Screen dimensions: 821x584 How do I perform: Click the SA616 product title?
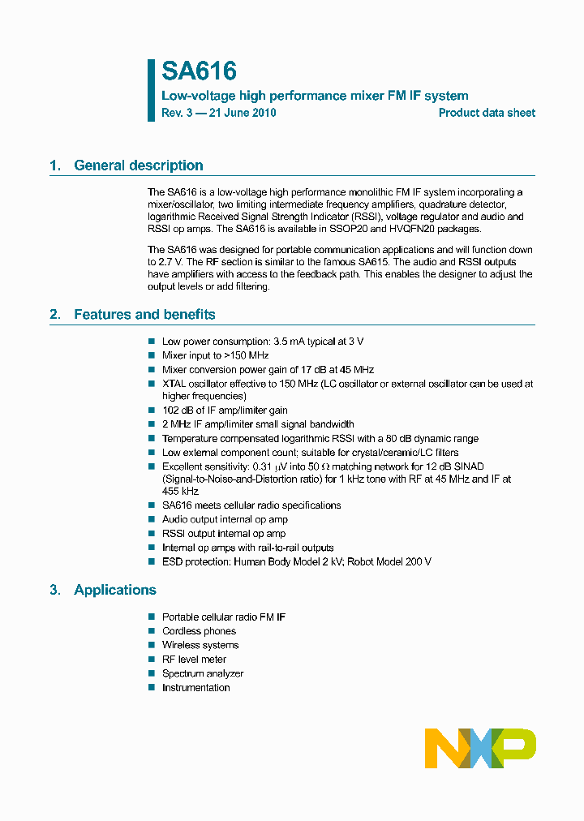(199, 71)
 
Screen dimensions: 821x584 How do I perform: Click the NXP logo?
(480, 748)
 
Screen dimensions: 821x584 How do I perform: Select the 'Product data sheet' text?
(487, 113)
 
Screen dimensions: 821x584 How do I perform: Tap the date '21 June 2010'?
(243, 113)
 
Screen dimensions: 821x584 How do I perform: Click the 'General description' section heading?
(138, 165)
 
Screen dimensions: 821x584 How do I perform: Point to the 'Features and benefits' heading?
(144, 315)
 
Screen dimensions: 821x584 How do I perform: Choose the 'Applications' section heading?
(114, 590)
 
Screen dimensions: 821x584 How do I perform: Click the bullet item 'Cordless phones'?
(199, 631)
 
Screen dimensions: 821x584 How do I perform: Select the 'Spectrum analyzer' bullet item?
(202, 673)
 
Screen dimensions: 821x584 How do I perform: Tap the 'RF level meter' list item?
(194, 660)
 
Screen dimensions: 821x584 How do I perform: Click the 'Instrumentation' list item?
(195, 687)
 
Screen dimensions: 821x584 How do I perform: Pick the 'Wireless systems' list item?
(200, 645)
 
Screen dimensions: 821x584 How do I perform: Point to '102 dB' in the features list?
(179, 410)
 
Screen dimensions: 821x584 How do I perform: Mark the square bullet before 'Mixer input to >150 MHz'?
(151, 355)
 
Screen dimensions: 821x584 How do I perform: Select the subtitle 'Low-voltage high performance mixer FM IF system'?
(315, 96)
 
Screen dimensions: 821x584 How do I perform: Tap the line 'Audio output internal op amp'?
(225, 519)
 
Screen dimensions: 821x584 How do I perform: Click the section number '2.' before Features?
(54, 315)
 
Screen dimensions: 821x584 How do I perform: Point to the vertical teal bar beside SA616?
(151, 89)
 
